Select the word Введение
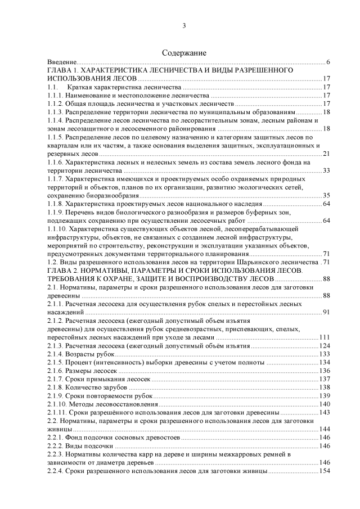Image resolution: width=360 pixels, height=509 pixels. [61, 61]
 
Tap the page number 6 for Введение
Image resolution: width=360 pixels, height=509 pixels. [327, 61]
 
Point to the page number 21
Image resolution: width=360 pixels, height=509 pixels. [326, 154]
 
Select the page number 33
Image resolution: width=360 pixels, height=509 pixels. [326, 170]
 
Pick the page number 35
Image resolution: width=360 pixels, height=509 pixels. [326, 195]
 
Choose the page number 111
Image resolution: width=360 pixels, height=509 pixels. [324, 337]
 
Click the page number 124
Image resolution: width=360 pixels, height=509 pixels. [324, 345]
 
